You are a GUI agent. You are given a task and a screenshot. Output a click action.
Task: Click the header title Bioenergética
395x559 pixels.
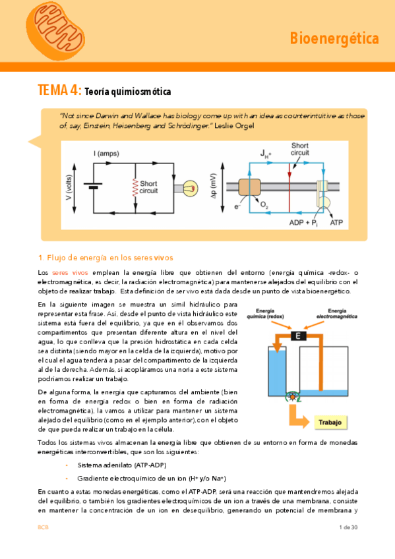coord(334,39)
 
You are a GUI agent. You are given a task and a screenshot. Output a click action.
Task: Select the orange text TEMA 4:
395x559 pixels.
coord(59,90)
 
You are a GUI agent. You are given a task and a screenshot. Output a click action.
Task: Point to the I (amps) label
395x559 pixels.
coord(106,154)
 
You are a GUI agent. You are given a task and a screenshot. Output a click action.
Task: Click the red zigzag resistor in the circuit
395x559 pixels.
coord(135,187)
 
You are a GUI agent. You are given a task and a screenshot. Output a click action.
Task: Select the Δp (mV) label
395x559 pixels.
coord(214,189)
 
